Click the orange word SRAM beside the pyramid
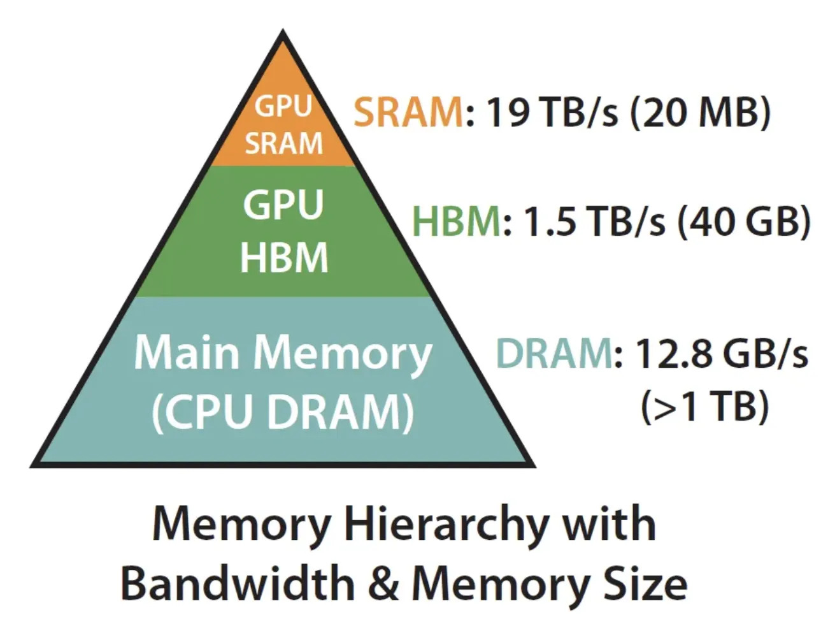(x=408, y=112)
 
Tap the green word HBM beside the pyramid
(x=457, y=221)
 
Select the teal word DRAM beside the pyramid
(x=553, y=353)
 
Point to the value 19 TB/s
(x=552, y=112)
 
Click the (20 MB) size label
(x=700, y=112)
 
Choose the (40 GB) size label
(x=744, y=222)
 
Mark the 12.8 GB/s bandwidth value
(x=722, y=353)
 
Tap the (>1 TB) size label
(x=704, y=407)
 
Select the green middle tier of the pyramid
(x=283, y=231)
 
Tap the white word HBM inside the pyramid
(x=284, y=257)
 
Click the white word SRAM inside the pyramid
(x=283, y=143)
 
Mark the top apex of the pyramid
(x=283, y=30)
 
